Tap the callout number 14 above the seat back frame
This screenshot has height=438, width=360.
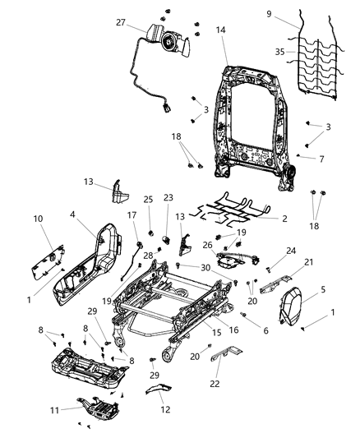220,30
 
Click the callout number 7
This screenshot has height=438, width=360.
322,158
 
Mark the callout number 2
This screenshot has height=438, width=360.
284,219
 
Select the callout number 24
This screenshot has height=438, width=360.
291,251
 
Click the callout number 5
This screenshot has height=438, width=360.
323,289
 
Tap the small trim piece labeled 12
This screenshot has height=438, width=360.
159,390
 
